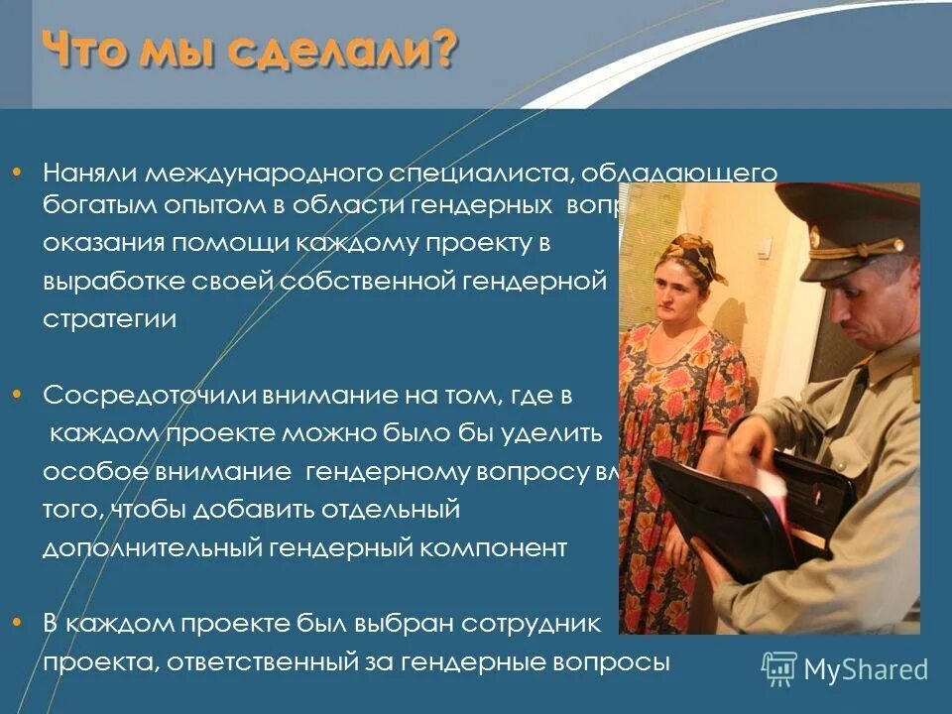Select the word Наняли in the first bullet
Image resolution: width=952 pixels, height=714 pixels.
click(91, 173)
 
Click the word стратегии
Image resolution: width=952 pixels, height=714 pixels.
click(109, 319)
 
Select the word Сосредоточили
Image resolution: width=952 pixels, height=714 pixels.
click(150, 395)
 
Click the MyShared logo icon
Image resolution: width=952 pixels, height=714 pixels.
click(778, 669)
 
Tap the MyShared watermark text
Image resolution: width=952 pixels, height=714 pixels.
click(866, 669)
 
